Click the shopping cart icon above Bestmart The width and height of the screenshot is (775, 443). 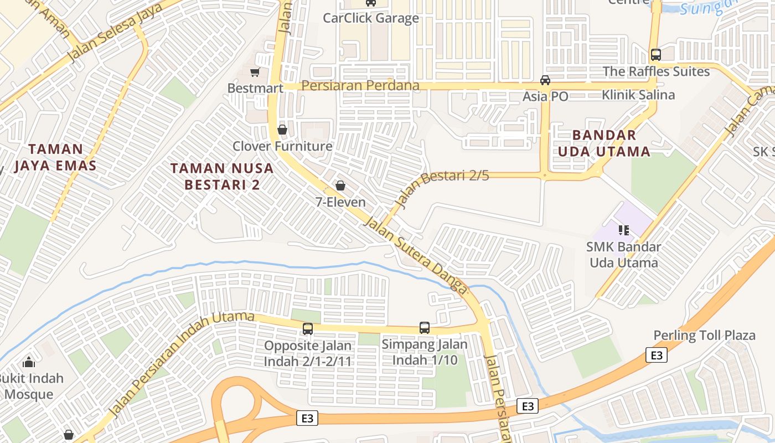tap(255, 72)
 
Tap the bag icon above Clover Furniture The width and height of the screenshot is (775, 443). tap(282, 130)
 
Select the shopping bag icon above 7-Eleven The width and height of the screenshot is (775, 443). tap(340, 186)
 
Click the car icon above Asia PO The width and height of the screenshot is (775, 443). tap(545, 80)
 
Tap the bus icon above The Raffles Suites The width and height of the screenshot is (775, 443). tap(656, 55)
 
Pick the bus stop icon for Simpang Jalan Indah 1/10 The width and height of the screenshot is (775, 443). tap(425, 328)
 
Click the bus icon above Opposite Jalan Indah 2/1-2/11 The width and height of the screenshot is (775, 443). tap(308, 329)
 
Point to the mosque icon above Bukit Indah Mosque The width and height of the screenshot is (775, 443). tap(29, 362)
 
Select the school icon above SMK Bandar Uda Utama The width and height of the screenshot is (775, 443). tap(624, 230)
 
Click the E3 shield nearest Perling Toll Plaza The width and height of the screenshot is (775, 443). tap(656, 355)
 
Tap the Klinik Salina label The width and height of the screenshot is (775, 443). tap(638, 95)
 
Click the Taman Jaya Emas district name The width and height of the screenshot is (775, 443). tap(55, 157)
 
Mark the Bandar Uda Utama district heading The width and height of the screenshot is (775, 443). tap(604, 143)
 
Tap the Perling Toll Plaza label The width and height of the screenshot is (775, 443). tap(704, 336)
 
